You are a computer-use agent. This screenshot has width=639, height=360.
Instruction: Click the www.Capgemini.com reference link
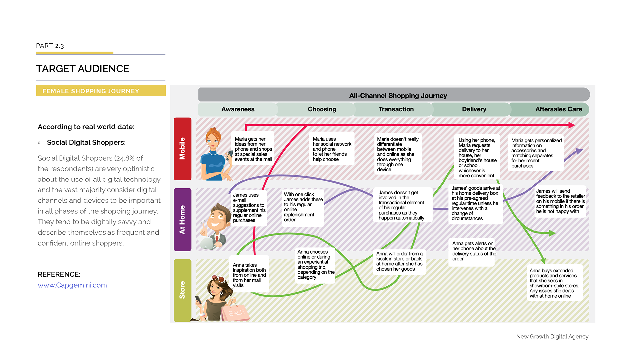coord(72,285)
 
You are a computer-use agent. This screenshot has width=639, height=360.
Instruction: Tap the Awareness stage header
coord(238,109)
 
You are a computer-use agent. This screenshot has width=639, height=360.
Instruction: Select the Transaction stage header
coord(396,109)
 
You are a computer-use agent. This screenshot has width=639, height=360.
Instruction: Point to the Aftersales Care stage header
coord(558,109)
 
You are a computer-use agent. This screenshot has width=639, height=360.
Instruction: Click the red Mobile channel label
coord(182,149)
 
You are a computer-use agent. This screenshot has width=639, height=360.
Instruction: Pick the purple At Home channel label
coord(182,219)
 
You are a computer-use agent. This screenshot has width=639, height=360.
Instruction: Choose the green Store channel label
coord(182,290)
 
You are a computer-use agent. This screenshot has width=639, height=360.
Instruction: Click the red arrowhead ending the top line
coord(571,125)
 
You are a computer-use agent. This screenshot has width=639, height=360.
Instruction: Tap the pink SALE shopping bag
coord(236,312)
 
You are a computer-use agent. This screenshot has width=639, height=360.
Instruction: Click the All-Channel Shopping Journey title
coord(398,96)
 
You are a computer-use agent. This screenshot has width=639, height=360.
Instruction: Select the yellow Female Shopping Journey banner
coord(101,91)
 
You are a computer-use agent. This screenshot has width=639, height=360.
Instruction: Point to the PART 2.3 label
coord(50,46)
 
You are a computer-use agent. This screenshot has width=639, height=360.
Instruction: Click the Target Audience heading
coord(83,69)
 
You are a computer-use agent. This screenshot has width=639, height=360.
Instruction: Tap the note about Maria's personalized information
coord(535,153)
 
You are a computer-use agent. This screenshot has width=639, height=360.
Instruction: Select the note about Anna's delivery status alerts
coord(473,251)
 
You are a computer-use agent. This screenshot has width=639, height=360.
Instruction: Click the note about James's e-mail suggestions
coord(249,207)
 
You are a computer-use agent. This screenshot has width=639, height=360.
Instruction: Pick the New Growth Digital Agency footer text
coord(552,337)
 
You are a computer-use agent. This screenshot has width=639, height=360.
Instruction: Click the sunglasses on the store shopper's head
coord(218,278)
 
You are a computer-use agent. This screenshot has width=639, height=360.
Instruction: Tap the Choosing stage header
coord(322,109)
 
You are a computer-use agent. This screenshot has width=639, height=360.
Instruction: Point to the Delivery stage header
coord(474,109)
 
